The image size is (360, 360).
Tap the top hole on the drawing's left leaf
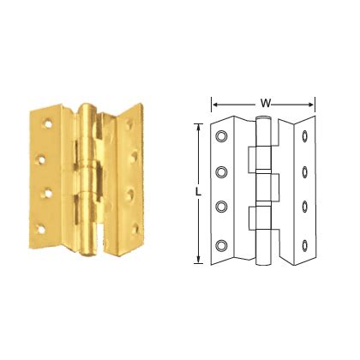coord(223,135)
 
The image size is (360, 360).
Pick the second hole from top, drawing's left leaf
coord(223,172)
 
